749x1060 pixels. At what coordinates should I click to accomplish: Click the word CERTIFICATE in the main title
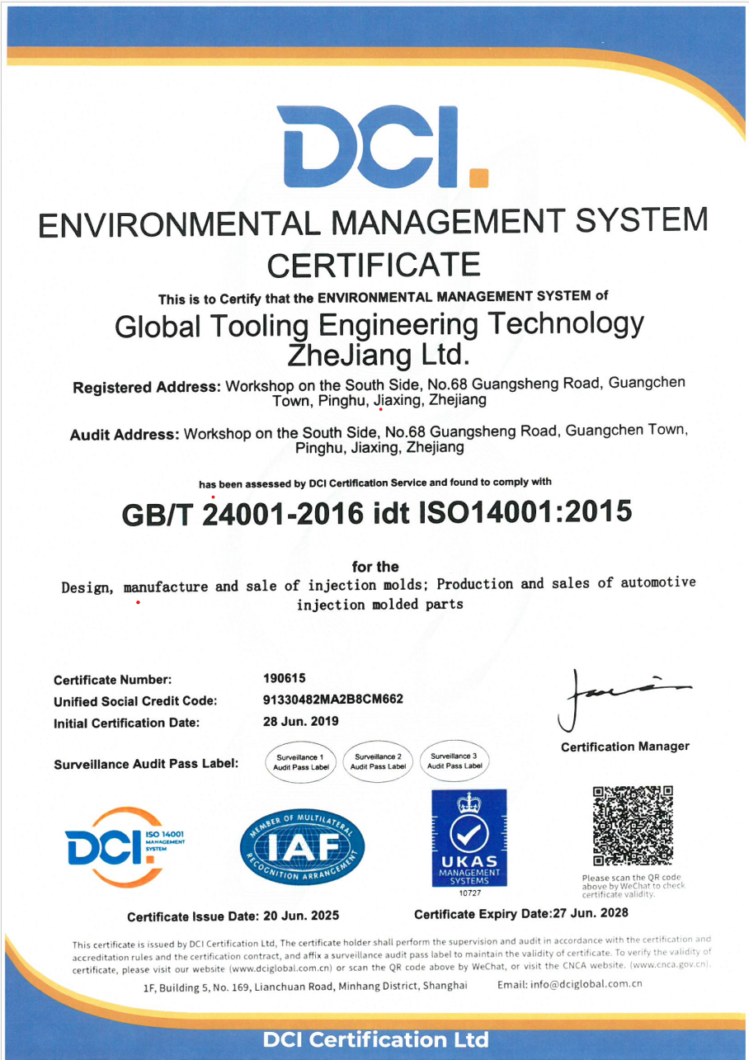[x=374, y=265]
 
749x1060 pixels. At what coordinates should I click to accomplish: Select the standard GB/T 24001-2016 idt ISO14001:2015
[x=377, y=513]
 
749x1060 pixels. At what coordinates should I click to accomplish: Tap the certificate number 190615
[x=285, y=678]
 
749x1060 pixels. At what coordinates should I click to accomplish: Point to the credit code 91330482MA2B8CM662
[x=333, y=700]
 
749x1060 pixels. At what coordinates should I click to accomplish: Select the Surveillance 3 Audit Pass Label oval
[x=454, y=761]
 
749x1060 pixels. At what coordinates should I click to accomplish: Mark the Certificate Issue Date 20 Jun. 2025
[x=233, y=916]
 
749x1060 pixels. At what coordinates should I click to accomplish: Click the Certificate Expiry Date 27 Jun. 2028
[x=521, y=913]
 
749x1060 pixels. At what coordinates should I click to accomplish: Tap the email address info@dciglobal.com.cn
[x=570, y=983]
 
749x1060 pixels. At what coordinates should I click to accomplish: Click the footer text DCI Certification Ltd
[x=375, y=1039]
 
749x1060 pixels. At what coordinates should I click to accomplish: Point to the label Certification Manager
[x=624, y=747]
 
